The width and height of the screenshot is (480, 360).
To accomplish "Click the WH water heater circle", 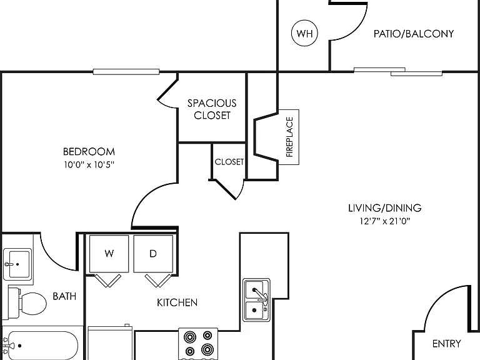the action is coord(304,33).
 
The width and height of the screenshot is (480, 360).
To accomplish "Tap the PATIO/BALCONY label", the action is coord(414,34).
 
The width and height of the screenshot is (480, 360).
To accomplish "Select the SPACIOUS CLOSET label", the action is coord(212,109).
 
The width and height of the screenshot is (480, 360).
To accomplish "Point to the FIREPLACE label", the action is coord(289,137).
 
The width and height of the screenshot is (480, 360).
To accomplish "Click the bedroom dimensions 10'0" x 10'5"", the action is coord(89,165).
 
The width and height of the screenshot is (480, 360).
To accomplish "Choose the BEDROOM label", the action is coord(89,151).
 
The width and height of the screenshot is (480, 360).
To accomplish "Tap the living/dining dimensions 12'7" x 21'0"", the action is coord(385,221).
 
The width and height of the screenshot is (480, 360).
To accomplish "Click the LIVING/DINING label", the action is coord(385,208).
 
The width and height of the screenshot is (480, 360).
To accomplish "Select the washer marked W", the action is coord(109,254).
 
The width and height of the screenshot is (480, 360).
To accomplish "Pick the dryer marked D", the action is coord(153,254).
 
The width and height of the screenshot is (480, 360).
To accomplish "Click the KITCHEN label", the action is coord(177,302).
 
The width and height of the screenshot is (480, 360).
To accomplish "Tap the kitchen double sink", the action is coord(256,300).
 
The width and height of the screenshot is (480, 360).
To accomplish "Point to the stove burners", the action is coord(198,344).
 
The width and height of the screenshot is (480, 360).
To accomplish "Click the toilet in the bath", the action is coord(27,303).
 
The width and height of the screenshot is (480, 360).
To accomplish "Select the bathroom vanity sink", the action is coord(17,264).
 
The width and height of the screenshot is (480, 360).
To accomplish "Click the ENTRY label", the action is coord(447,344).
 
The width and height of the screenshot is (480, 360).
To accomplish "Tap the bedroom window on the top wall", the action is coord(126,72).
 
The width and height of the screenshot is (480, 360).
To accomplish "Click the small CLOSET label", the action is coord(229,162).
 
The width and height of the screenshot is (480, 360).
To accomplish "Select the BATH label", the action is coord(64,296).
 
